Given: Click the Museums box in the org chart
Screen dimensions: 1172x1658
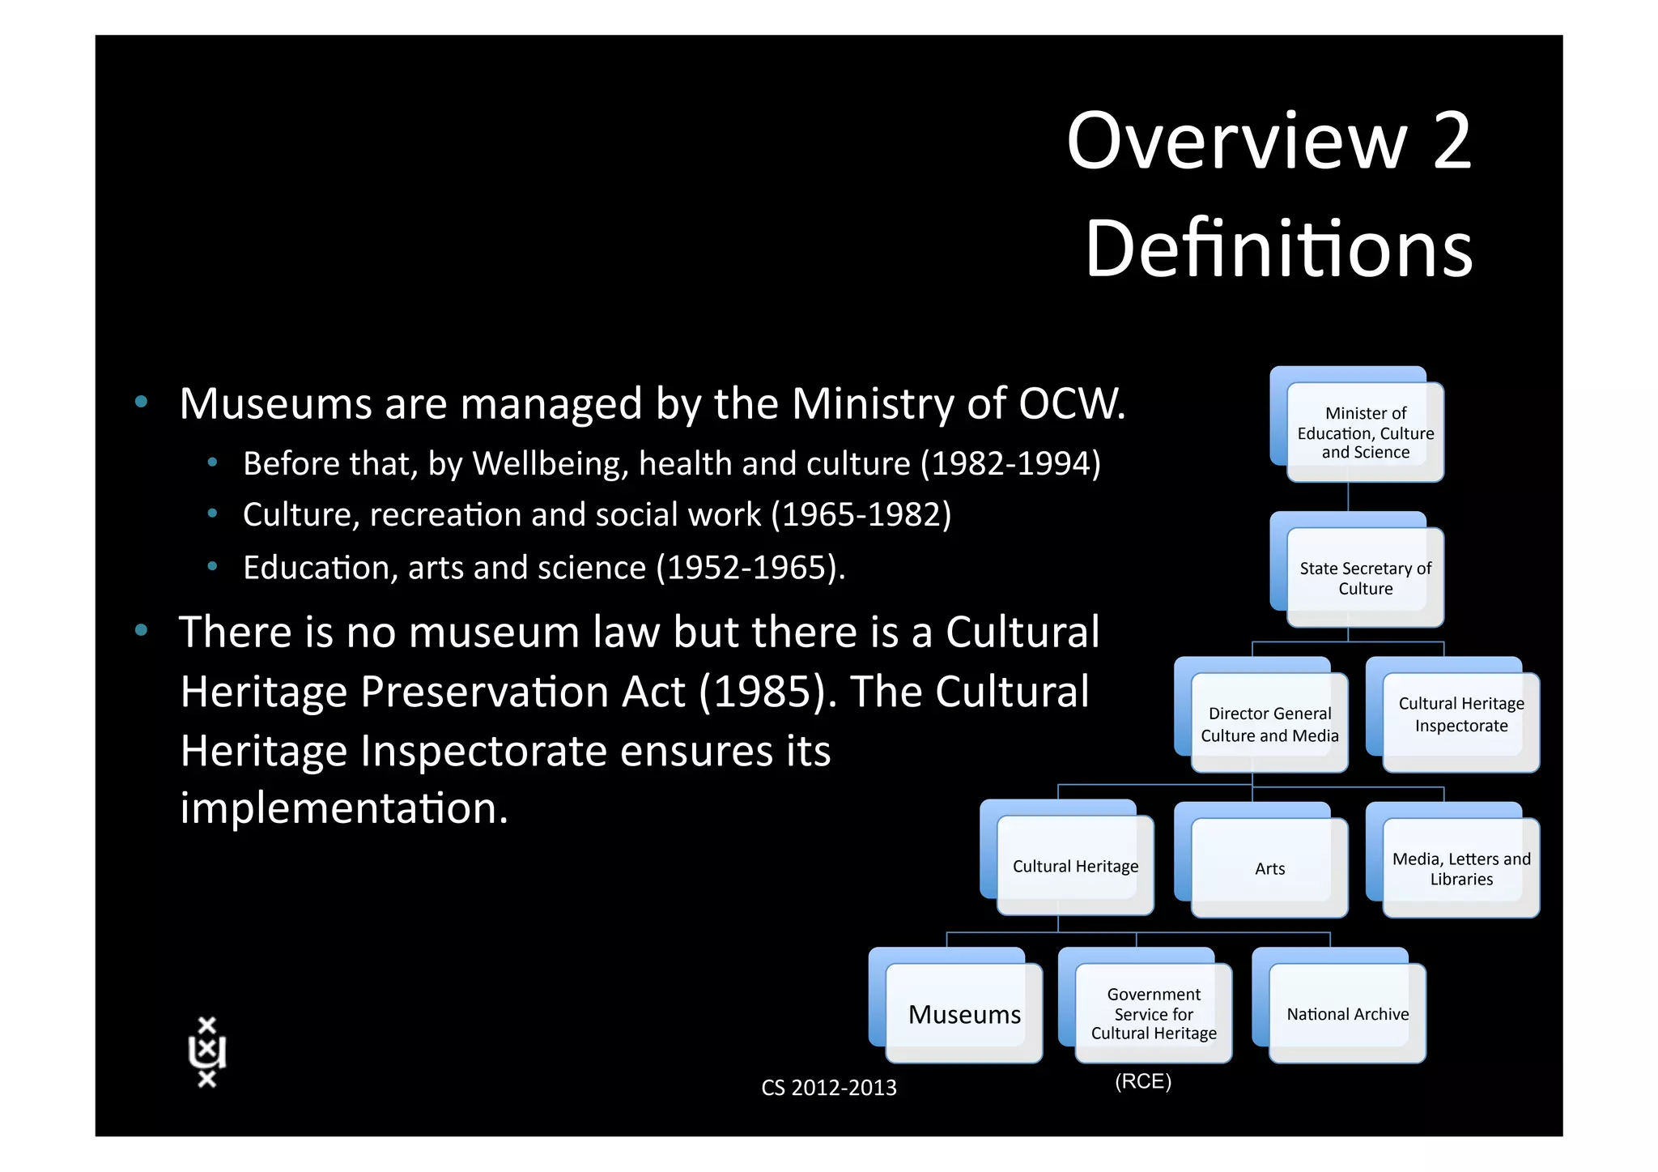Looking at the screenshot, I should (963, 1013).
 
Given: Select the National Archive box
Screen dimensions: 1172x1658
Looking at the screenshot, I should (1347, 1013).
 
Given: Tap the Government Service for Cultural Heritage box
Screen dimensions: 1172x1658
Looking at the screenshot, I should (1154, 1013).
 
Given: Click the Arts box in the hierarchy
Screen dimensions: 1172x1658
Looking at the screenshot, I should (1269, 867).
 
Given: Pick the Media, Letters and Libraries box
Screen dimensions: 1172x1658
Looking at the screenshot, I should (1461, 867).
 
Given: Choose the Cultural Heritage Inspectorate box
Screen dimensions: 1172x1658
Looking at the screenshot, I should (1461, 714).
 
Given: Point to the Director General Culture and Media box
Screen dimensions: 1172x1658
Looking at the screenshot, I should (1269, 723).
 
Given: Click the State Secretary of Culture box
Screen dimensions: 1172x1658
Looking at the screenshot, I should (1365, 577).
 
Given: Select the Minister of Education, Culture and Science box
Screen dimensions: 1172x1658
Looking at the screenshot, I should (1365, 432).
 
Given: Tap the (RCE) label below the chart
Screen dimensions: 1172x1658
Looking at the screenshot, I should (1143, 1081).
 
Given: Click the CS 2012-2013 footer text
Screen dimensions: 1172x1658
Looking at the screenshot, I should (828, 1087).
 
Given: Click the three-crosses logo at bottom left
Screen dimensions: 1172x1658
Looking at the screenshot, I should (207, 1051).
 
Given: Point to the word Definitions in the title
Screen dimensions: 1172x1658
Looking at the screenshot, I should (1278, 249).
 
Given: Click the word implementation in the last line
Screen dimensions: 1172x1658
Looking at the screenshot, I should (344, 808).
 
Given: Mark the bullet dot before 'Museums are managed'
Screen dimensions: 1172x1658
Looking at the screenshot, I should (142, 402).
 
